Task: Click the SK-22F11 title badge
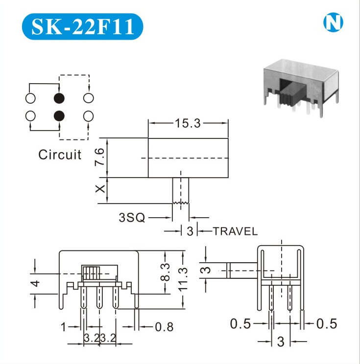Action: point(82,26)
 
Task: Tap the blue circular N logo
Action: point(333,23)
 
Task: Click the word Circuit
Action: point(60,155)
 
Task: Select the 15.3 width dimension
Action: point(188,123)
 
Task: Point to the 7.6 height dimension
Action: point(99,157)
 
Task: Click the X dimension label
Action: point(100,189)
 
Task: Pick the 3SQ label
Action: point(132,218)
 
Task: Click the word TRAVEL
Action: point(235,231)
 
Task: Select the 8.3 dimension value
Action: point(165,272)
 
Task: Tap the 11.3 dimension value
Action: point(183,279)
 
